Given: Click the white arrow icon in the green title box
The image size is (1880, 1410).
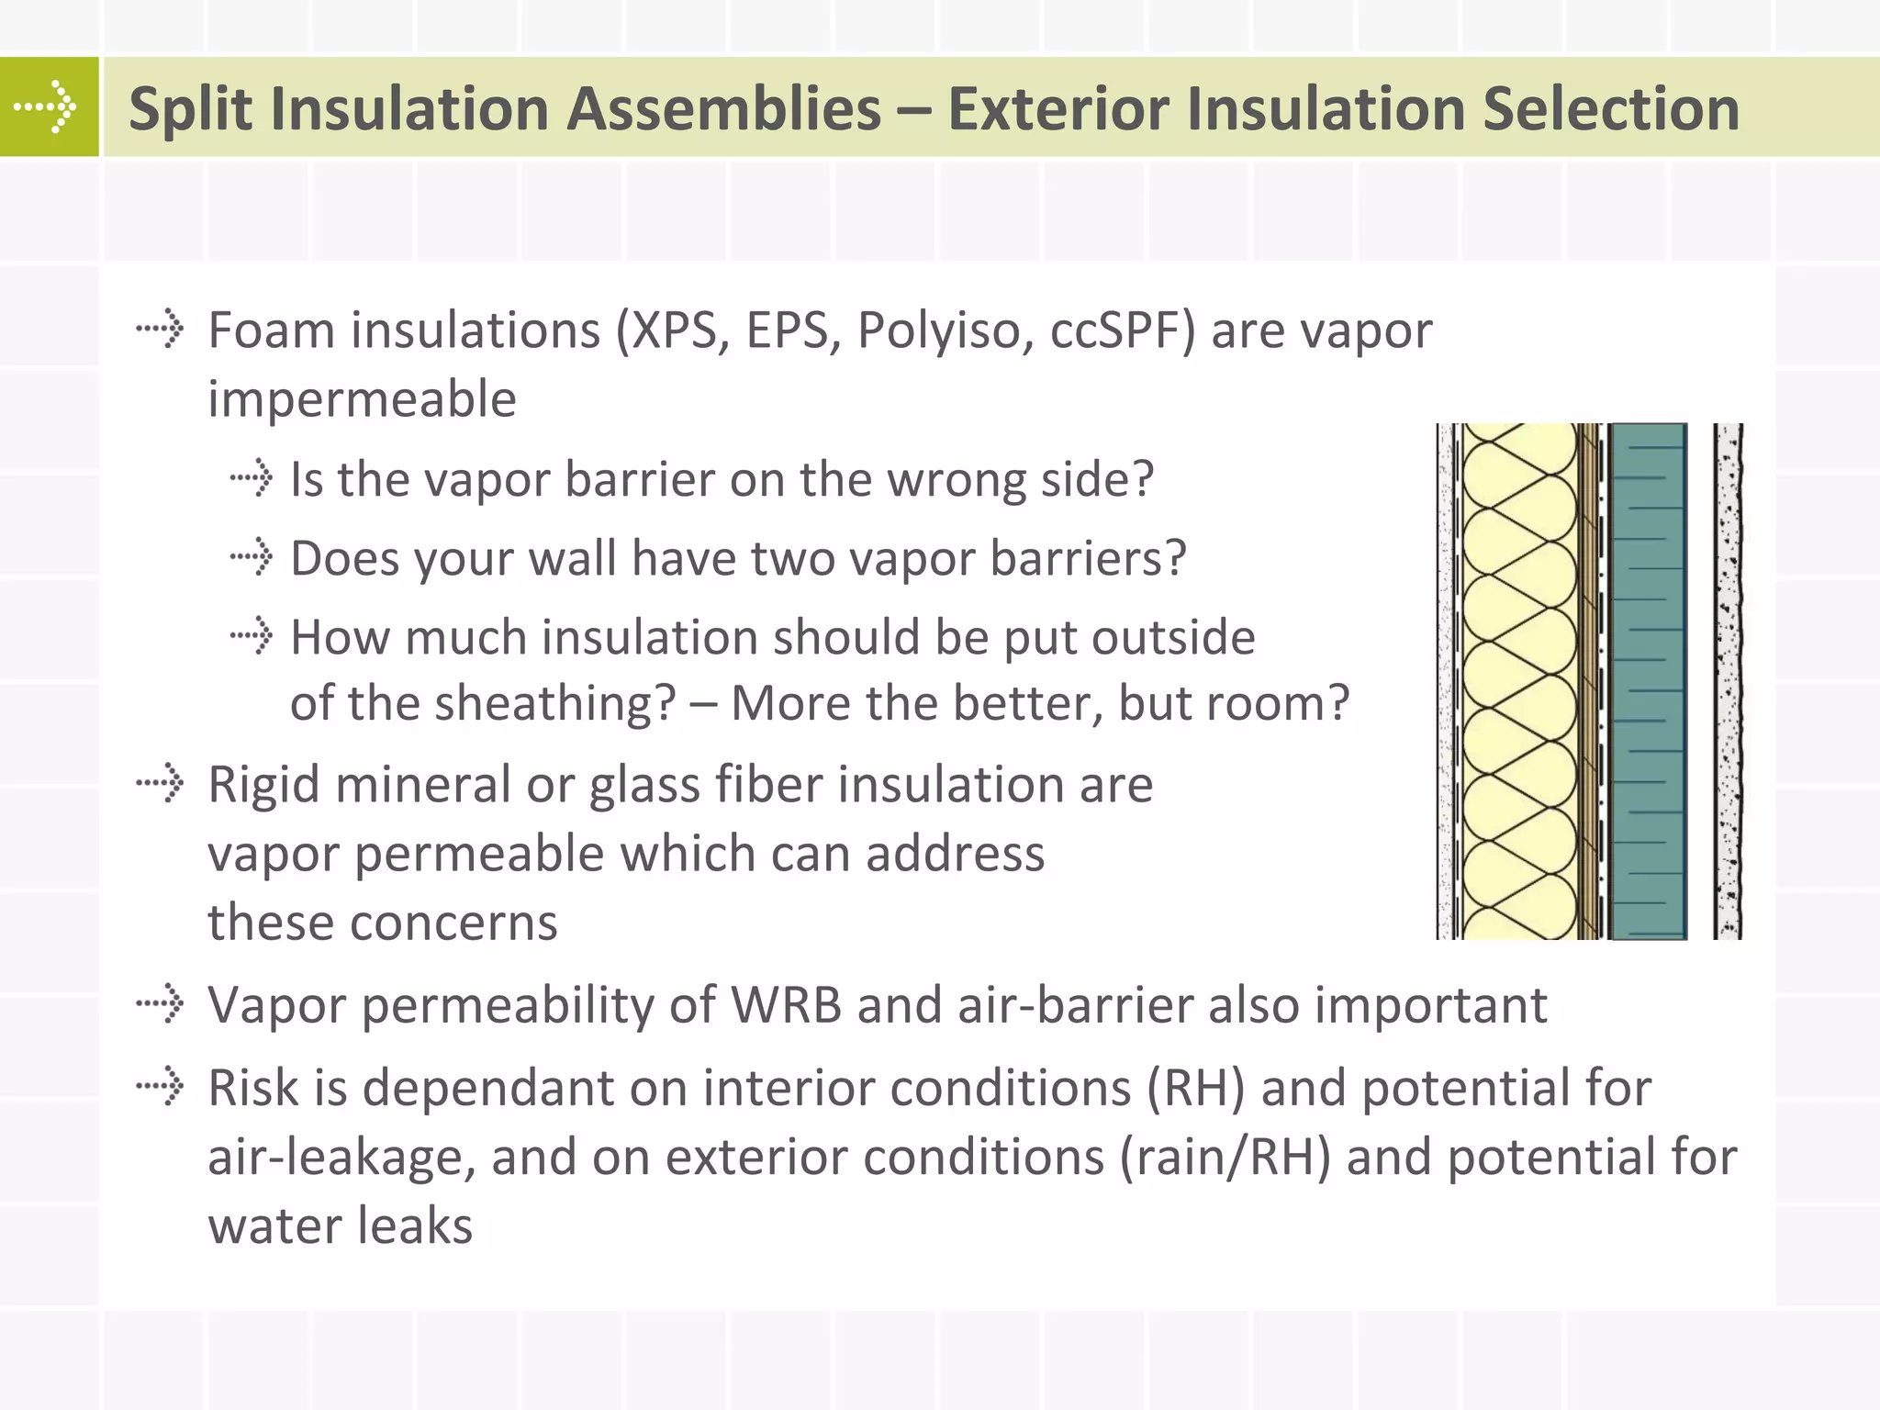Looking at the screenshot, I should click(x=45, y=107).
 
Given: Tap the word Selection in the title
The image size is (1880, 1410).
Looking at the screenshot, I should click(x=1610, y=109).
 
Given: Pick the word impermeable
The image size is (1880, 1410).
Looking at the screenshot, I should click(x=362, y=400).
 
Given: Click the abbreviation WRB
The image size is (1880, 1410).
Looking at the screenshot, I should click(x=786, y=1004).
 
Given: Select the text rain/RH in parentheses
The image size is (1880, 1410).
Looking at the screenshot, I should click(x=1225, y=1157).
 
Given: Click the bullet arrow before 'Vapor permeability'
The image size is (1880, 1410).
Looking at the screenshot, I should click(x=161, y=1002).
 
